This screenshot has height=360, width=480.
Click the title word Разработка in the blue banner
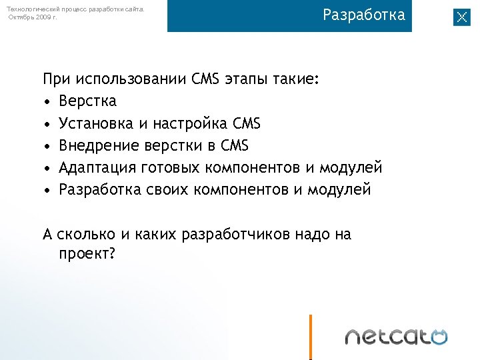point(364,15)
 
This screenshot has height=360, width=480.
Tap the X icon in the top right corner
point(461,17)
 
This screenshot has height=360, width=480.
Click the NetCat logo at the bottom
point(396,336)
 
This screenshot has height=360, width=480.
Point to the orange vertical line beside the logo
point(311,337)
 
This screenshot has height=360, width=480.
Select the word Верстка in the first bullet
point(87,101)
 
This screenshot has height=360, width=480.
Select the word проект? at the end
point(87,254)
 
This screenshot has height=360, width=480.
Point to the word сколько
point(87,235)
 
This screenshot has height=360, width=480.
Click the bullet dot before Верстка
point(47,102)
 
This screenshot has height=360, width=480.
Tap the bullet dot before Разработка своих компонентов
point(47,190)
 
